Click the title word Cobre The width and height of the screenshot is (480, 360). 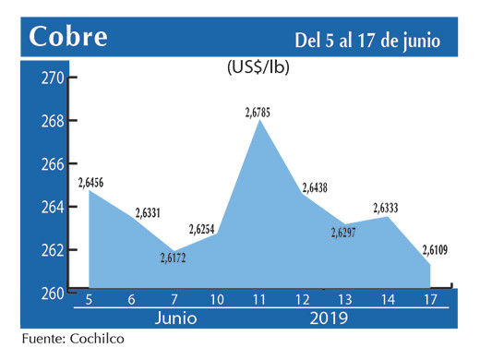pos(68,37)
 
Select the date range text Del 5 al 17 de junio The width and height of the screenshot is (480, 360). pos(366,41)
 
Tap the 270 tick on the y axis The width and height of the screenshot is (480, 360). pos(52,78)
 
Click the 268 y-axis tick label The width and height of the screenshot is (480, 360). pos(52,121)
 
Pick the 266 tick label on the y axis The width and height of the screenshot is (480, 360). pos(52,164)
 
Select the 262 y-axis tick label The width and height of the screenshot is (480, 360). pos(52,250)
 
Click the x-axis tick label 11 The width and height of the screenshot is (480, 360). pos(262,300)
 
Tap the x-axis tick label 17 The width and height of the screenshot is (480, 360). pos(429,300)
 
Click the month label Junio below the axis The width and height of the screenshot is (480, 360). pos(176,319)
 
